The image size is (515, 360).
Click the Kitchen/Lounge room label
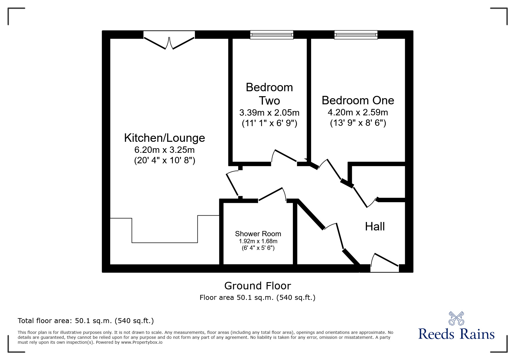coord(165,138)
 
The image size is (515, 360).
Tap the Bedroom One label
coord(358,100)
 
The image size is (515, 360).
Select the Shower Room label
coord(258,234)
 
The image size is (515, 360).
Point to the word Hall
coord(375,226)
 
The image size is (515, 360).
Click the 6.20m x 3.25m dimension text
coord(165,150)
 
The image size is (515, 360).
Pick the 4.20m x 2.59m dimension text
coord(358,112)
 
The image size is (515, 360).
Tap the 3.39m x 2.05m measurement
coord(269,113)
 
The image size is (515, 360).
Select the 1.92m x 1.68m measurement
coord(258,241)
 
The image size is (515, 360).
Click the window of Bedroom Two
coord(272,35)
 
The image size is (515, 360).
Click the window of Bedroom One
coord(356,35)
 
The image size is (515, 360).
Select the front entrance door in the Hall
coord(384,262)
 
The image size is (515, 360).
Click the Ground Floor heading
coord(258,286)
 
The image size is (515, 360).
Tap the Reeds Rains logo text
coord(457,334)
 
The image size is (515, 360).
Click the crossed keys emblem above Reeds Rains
coord(456,318)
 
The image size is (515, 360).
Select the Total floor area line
coord(86,321)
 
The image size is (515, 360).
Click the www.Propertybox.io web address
coord(142,342)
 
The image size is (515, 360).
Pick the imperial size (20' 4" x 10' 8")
coord(165,160)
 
